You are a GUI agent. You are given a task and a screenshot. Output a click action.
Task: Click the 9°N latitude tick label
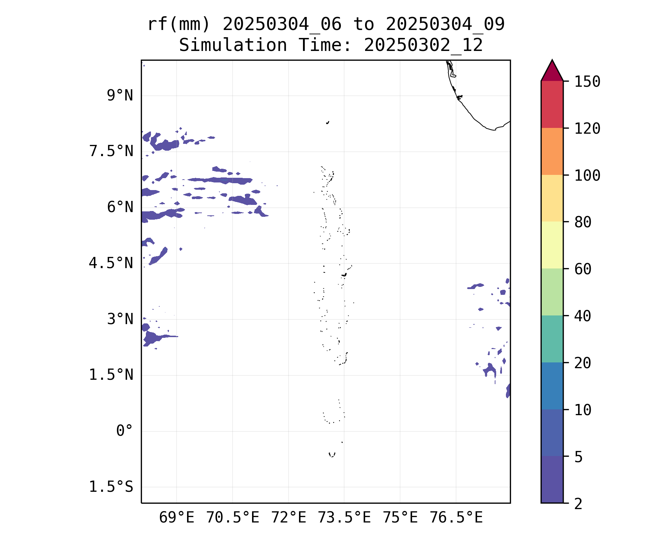point(120,96)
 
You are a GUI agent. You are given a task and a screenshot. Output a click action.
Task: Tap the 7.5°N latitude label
point(111,151)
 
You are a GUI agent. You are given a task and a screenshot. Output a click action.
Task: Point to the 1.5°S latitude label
point(111,487)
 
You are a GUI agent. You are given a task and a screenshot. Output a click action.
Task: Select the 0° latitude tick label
point(125,431)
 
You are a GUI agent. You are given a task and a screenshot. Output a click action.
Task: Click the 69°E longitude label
point(177,518)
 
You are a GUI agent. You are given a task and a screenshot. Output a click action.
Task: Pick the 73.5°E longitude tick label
point(344,518)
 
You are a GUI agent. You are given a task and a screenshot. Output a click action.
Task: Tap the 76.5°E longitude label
point(456,518)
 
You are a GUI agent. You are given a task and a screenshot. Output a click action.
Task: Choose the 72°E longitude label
point(289,518)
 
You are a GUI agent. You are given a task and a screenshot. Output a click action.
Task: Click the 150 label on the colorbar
point(588,82)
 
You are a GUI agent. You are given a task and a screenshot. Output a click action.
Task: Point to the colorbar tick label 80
point(583,222)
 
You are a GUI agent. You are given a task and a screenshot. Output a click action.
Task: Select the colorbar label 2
point(578,504)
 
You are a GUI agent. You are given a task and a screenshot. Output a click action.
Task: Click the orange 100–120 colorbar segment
point(552,151)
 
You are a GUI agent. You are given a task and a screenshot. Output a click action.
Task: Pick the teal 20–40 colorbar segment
point(552,339)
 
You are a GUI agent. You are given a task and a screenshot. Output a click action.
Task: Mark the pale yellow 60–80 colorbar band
point(552,245)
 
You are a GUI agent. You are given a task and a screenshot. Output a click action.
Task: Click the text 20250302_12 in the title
point(423,46)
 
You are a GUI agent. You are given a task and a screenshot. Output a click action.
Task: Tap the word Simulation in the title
point(233,46)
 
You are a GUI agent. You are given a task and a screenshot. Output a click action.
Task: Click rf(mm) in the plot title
point(179,25)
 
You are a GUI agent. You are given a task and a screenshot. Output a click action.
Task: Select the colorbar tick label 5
point(578,457)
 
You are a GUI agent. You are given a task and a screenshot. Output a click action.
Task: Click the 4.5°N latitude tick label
point(111,263)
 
